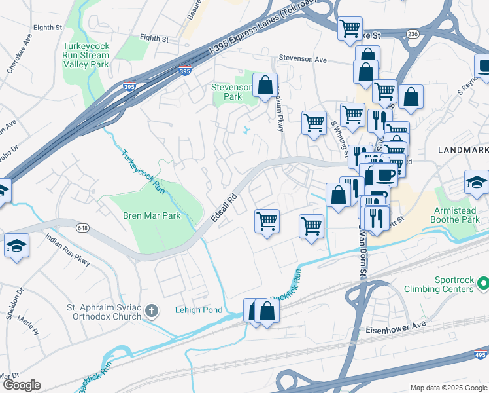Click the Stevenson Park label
click(231, 92)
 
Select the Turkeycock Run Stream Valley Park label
click(86, 56)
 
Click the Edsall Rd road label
click(222, 206)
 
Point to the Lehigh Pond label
click(198, 310)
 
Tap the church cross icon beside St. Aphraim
click(152, 309)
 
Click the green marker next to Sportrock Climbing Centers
click(483, 284)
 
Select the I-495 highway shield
click(479, 354)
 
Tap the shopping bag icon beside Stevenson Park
click(265, 86)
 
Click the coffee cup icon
click(386, 174)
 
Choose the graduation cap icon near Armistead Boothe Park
click(476, 183)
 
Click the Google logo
click(22, 385)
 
